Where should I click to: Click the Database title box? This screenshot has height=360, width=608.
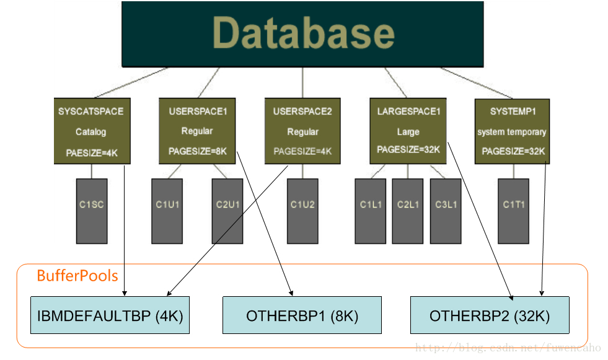point(302,34)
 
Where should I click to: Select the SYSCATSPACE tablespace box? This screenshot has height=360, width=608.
point(92,131)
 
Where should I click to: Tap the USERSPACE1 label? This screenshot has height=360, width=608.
point(198,112)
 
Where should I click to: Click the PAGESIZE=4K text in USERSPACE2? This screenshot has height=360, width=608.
point(302,151)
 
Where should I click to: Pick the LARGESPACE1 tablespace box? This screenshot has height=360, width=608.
point(408,131)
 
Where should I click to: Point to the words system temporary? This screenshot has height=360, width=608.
point(512,132)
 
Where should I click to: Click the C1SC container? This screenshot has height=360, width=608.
point(92,211)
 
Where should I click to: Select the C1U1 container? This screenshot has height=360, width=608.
point(167,211)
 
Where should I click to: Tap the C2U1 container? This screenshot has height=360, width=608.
point(227,211)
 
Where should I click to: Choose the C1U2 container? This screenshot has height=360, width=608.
point(303,211)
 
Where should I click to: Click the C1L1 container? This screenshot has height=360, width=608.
point(371,211)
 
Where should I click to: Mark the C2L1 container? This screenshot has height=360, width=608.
point(408,211)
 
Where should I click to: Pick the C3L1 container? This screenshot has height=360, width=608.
point(446,211)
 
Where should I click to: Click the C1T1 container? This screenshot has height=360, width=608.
point(513,211)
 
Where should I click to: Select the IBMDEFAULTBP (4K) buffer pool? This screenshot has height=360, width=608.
point(110,315)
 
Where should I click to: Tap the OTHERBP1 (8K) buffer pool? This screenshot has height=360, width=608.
point(302,315)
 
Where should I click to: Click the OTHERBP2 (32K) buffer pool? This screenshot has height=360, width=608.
point(490,315)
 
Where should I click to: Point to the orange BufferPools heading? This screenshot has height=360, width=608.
point(77,276)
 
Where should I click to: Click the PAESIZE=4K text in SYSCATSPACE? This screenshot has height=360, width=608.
point(92,153)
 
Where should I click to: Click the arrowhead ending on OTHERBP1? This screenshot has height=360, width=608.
point(291,294)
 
